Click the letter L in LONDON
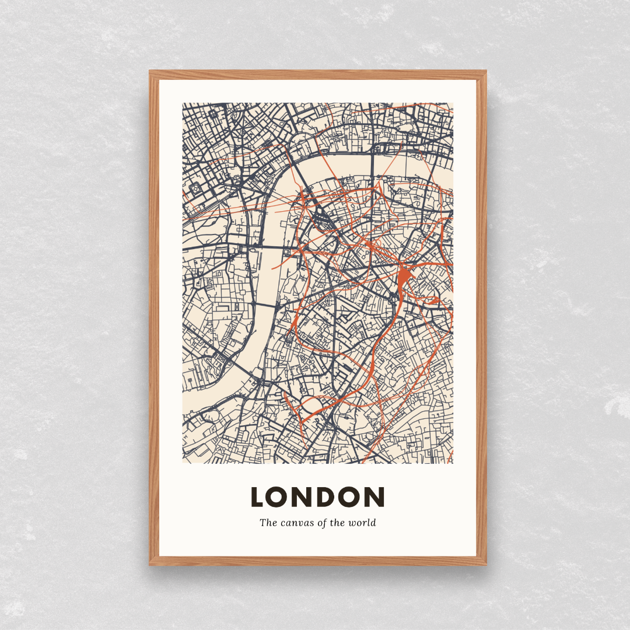pyautogui.click(x=258, y=497)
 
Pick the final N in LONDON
pyautogui.click(x=374, y=497)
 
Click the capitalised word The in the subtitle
pyautogui.click(x=268, y=523)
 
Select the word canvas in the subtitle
pyautogui.click(x=298, y=523)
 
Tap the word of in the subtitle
pyautogui.click(x=323, y=523)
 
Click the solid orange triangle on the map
pyautogui.click(x=404, y=276)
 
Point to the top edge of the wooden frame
pyautogui.click(x=318, y=75)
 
